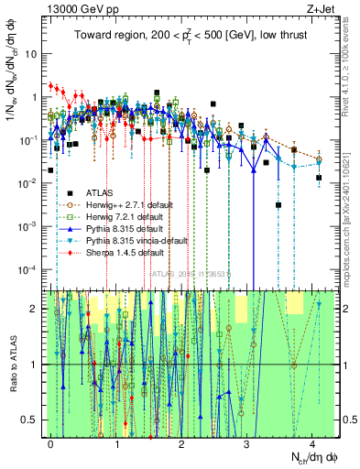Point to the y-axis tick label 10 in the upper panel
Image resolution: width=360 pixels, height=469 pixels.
(x=32, y=53)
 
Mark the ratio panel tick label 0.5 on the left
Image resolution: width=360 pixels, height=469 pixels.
(x=30, y=420)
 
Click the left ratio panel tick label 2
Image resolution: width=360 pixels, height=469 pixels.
(x=35, y=309)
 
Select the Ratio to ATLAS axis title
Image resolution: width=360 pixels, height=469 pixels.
(x=11, y=365)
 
